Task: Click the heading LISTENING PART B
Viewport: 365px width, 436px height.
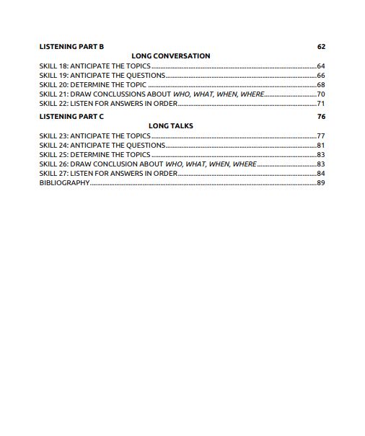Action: (71, 47)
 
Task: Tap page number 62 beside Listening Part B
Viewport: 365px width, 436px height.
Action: (321, 47)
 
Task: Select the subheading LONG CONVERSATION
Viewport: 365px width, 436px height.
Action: (171, 55)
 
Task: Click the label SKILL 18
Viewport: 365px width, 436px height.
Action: (53, 66)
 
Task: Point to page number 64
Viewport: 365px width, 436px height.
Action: (321, 66)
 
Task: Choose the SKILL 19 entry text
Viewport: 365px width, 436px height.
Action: (102, 75)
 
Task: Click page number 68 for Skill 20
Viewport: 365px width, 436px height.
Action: (321, 84)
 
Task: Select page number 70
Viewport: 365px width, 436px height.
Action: (321, 94)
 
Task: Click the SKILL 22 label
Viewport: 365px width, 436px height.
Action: (53, 103)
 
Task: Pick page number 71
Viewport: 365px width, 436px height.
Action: (321, 103)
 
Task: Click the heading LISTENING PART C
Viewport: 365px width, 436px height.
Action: (71, 116)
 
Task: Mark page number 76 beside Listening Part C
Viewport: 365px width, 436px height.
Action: (321, 116)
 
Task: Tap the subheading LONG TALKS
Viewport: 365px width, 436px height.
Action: (171, 125)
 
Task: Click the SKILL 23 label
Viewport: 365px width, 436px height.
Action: (53, 135)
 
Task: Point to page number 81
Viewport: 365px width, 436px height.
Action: (321, 145)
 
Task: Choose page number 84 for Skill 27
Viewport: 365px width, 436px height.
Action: (321, 174)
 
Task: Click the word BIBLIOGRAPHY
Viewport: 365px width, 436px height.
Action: (64, 183)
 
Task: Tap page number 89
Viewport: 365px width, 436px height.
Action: (321, 183)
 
